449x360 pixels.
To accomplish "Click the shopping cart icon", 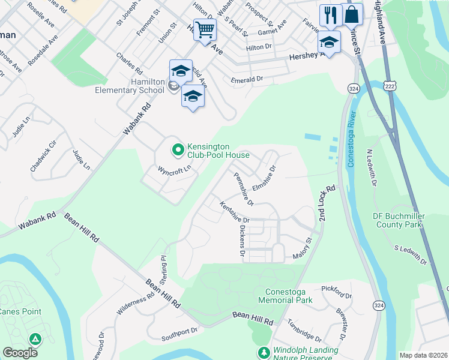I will click(x=205, y=29).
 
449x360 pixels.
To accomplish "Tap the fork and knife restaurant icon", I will click(x=330, y=16).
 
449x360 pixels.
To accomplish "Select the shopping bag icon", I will click(x=352, y=14).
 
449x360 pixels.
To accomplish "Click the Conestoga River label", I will click(x=351, y=139).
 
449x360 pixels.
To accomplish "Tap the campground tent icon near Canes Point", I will click(x=35, y=340).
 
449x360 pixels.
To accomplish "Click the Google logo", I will click(x=20, y=353).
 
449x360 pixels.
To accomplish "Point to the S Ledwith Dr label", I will click(x=411, y=254).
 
